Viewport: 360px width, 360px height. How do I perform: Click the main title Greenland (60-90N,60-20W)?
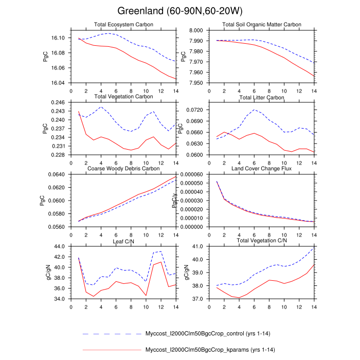179,11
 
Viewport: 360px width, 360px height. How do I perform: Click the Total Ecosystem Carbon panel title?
123,25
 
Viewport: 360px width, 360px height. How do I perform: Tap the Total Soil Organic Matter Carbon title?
262,25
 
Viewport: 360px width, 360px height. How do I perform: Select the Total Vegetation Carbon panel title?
123,97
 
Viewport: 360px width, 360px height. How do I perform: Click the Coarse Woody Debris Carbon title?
123,169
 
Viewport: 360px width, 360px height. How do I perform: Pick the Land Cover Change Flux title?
262,169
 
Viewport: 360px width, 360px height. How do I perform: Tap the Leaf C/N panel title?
123,241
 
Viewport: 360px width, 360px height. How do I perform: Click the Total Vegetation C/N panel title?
262,241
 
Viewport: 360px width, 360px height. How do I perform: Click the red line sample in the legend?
111,350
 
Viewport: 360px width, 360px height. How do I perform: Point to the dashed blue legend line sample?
111,334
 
